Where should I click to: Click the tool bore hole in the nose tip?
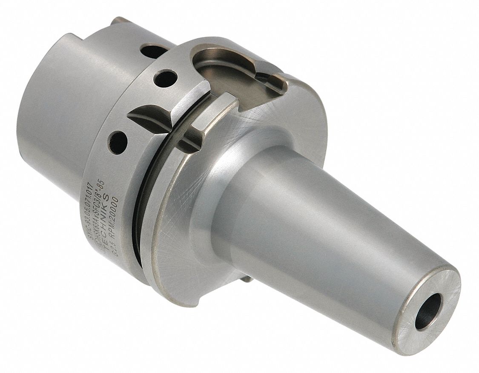(x=428, y=311)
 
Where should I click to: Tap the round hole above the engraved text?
(x=118, y=142)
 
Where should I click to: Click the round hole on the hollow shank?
(x=154, y=51)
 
